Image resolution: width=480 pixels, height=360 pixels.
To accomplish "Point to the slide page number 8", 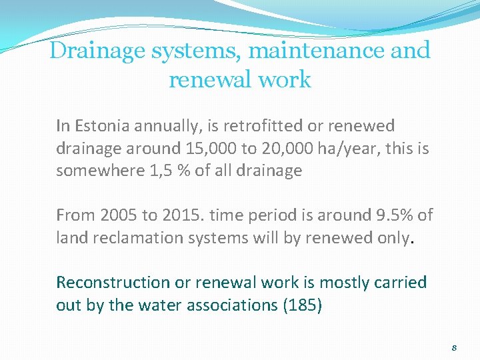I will pos(454,347).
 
